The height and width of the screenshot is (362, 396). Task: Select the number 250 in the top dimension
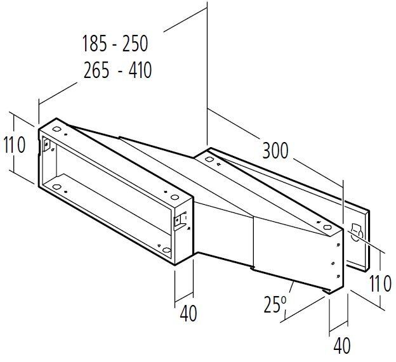[x=135, y=44]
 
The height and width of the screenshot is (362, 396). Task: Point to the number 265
[x=96, y=70]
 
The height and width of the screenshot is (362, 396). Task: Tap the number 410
[x=140, y=70]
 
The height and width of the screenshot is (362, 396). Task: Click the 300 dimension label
[x=275, y=151]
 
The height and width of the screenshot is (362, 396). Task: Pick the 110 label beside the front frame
[x=15, y=145]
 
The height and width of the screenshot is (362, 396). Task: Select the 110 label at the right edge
[x=380, y=283]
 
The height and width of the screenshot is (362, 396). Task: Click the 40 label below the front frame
[x=188, y=313]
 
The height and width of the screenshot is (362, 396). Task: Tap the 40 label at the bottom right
[x=342, y=346]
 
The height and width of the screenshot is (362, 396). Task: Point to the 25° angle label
[x=275, y=304]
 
